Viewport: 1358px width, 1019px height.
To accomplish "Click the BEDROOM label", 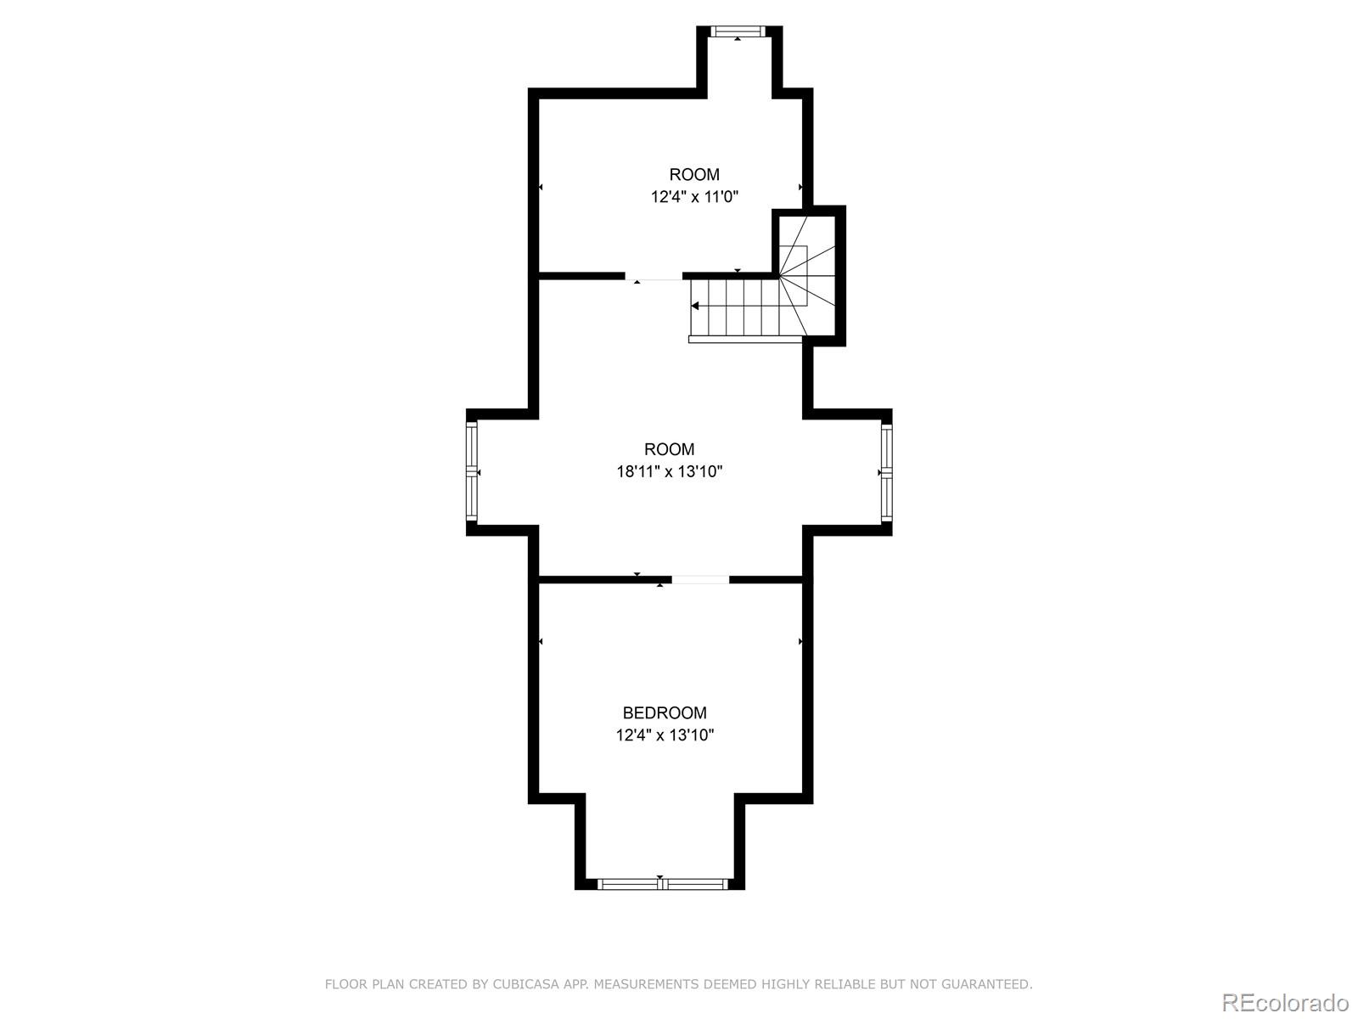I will (665, 713).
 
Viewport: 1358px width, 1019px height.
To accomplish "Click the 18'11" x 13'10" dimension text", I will (669, 472).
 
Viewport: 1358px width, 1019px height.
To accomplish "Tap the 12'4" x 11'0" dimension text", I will (694, 197).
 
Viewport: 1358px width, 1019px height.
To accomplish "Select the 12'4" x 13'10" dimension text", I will (665, 735).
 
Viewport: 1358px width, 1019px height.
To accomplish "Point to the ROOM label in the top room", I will (694, 175).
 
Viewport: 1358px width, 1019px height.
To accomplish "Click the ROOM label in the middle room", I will (669, 449).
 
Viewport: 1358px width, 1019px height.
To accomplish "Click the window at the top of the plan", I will (738, 32).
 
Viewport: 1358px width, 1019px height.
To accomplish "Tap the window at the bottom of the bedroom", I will (663, 884).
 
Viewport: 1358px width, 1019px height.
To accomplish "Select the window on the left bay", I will (472, 472).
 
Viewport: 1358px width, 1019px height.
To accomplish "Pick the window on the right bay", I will (886, 472).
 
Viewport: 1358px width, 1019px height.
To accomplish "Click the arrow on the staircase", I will (696, 306).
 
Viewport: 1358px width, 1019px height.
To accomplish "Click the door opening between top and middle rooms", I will (654, 277).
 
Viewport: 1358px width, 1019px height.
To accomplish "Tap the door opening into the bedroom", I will (700, 580).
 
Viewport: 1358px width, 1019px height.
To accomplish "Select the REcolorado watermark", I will (1285, 1002).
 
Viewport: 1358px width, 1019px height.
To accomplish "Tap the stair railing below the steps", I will (745, 339).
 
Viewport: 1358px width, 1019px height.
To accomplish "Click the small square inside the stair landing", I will (793, 259).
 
